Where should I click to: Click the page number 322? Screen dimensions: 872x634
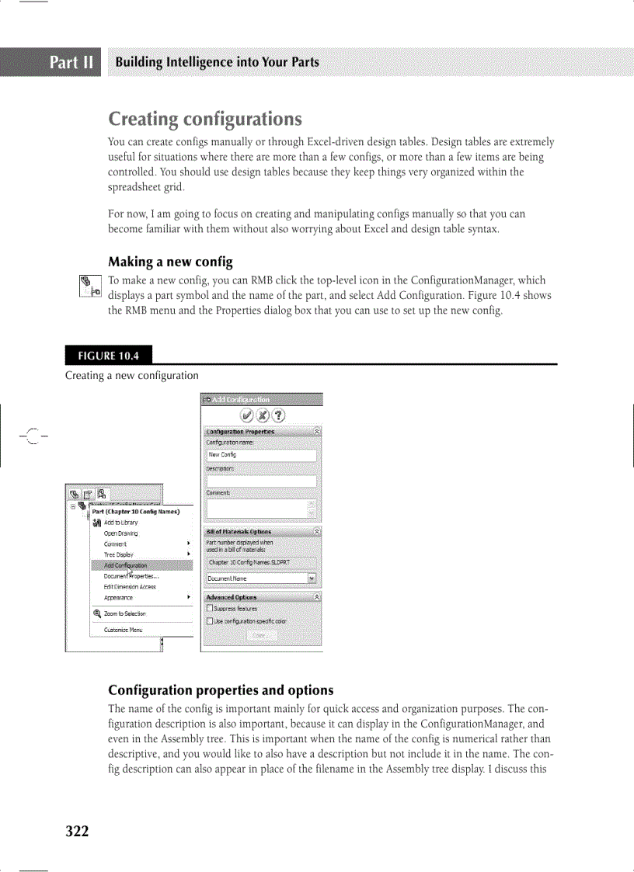tap(77, 832)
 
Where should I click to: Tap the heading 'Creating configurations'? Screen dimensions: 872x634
tap(205, 120)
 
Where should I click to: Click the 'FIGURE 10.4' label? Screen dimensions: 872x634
tap(108, 356)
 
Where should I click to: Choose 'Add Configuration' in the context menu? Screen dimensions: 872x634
tap(125, 565)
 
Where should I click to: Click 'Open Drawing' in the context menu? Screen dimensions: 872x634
tap(120, 533)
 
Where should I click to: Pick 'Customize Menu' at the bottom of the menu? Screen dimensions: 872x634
tap(123, 630)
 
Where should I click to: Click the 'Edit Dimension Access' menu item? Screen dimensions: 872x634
tap(130, 587)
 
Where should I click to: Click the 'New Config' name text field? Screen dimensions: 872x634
tap(261, 455)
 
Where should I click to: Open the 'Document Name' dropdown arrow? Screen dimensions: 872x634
tap(312, 578)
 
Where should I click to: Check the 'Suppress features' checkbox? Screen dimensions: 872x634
tap(209, 610)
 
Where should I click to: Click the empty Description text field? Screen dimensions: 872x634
tap(261, 481)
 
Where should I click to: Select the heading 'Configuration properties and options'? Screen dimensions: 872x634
tap(221, 690)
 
